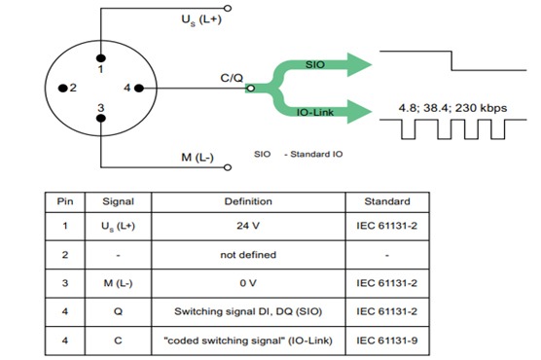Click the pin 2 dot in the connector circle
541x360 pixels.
coord(61,88)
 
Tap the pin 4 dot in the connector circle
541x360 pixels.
coord(138,88)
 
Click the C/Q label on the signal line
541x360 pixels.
coord(233,77)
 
